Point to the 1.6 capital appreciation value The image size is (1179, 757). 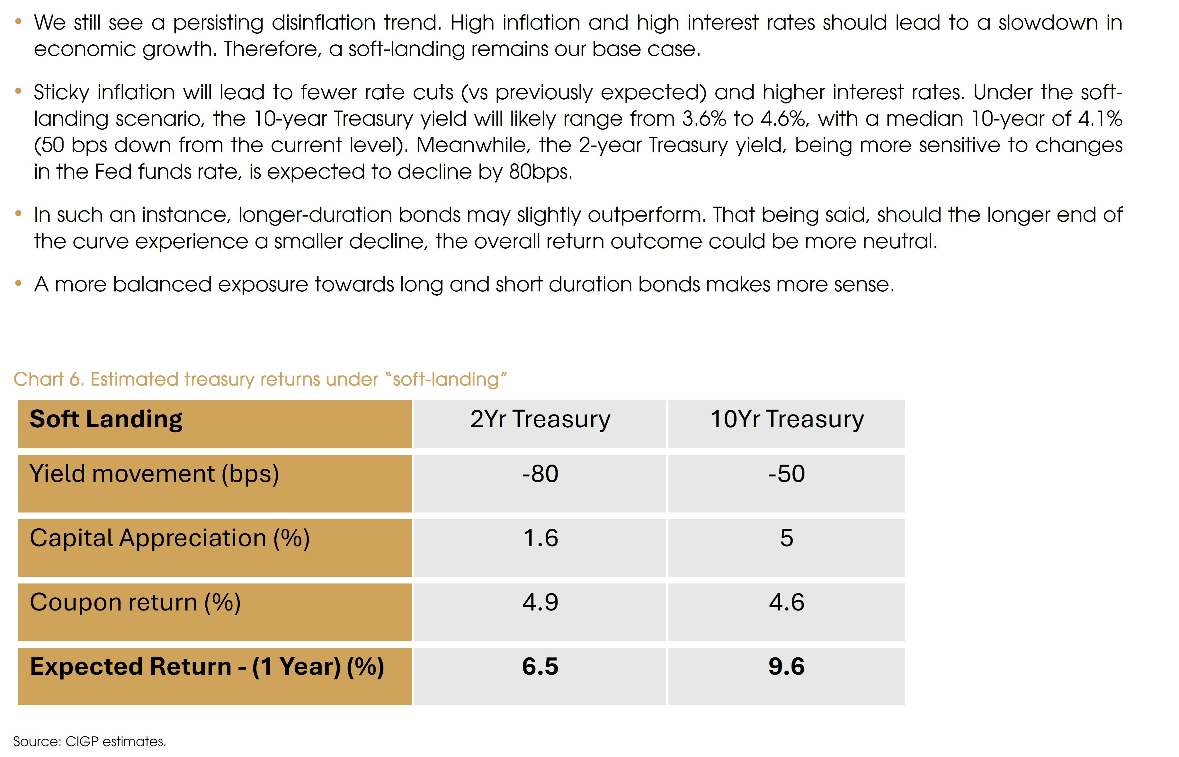pyautogui.click(x=540, y=538)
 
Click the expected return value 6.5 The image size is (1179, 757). pyautogui.click(x=540, y=667)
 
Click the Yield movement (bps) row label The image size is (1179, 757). pyautogui.click(x=154, y=474)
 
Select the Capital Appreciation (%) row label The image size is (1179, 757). pyautogui.click(x=170, y=538)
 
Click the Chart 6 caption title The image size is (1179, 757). pyautogui.click(x=260, y=379)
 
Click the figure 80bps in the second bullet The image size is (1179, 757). pyautogui.click(x=540, y=172)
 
